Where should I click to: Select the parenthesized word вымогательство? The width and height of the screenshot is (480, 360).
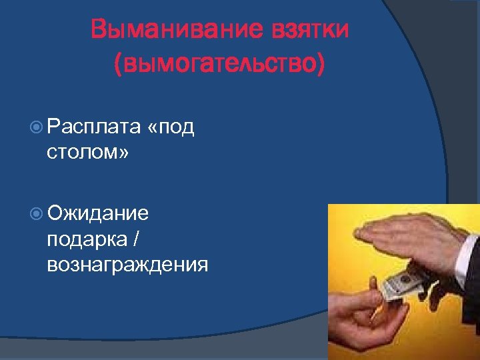pos(220,65)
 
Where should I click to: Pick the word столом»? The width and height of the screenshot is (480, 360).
pos(89,153)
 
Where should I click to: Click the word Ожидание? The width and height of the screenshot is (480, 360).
pos(98,214)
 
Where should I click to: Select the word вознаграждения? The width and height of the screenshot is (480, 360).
pos(127,265)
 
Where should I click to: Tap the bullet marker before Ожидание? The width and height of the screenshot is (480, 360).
pos(37,214)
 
